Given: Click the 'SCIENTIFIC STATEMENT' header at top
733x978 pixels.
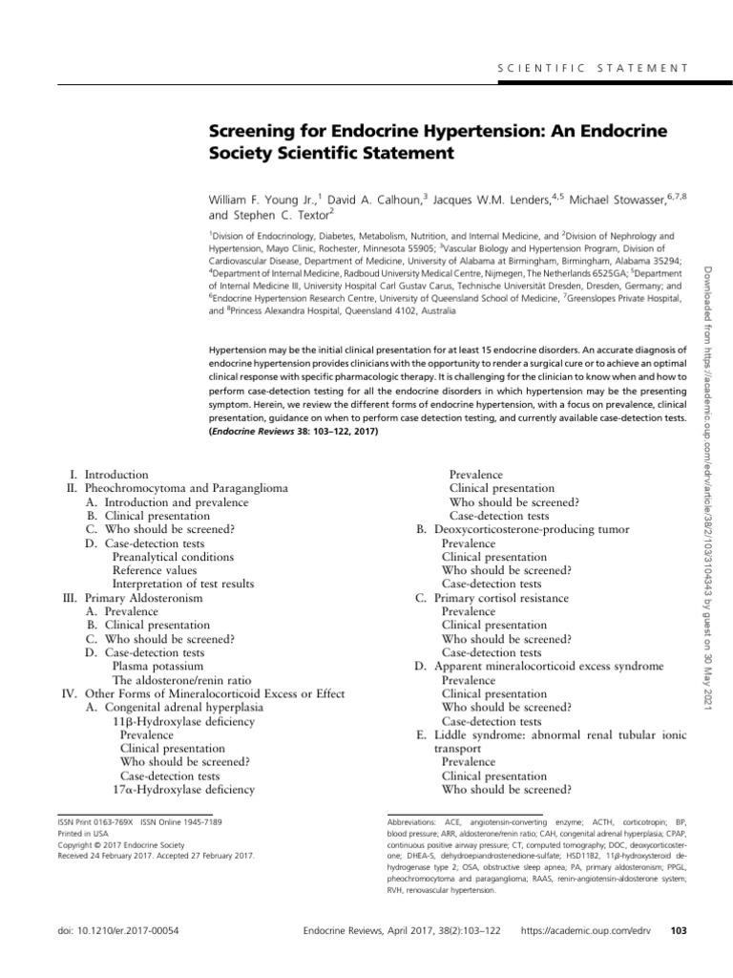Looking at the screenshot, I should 593,68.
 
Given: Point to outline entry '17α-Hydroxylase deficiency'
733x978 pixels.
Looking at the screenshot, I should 183,790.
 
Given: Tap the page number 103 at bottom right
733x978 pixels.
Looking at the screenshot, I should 680,930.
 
